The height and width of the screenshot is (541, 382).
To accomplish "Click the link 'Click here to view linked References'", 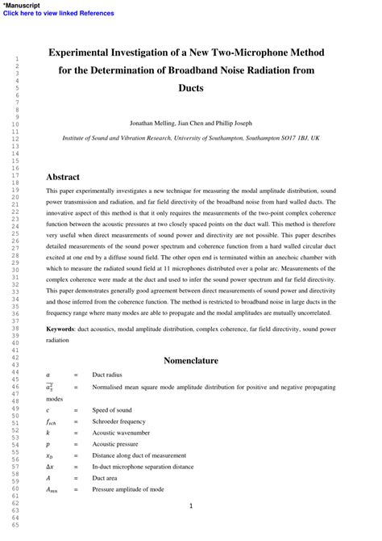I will (59, 13).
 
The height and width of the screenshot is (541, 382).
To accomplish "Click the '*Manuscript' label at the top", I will (23, 5).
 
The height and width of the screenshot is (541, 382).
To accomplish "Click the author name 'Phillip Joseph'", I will (231, 124).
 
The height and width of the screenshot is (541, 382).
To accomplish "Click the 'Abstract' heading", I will (63, 176).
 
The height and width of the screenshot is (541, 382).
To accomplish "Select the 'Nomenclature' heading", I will (191, 360).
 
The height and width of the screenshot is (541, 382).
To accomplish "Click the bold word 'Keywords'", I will (60, 330).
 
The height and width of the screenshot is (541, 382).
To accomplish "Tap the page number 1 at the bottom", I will (191, 506).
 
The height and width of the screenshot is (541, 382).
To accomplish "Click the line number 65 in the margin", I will (15, 525).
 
